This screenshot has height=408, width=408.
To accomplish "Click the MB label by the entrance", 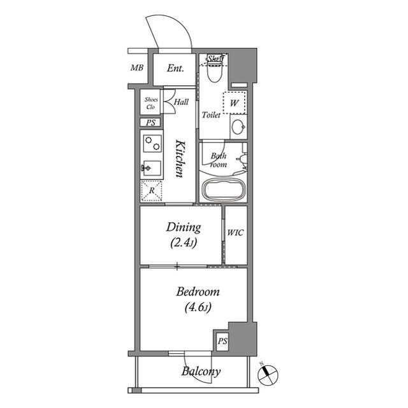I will click(x=136, y=68).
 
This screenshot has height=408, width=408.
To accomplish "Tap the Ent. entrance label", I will click(x=175, y=68).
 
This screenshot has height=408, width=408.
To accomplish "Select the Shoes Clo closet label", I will click(x=151, y=103).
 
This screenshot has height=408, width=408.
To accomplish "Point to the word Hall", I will click(x=181, y=102).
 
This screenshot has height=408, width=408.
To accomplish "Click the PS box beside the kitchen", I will click(x=151, y=123).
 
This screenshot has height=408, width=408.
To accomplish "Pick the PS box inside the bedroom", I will click(x=222, y=341).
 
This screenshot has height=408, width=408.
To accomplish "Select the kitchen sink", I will click(x=151, y=169).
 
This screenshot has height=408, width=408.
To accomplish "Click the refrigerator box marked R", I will click(x=152, y=190).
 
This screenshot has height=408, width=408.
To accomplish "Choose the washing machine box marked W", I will click(x=234, y=102).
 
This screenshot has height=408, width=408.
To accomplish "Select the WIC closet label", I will click(x=235, y=232).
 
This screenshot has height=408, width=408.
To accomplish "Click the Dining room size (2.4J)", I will click(x=184, y=243).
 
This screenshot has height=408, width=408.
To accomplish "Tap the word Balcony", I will click(x=201, y=372).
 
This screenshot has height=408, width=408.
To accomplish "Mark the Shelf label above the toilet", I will click(x=215, y=59).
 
